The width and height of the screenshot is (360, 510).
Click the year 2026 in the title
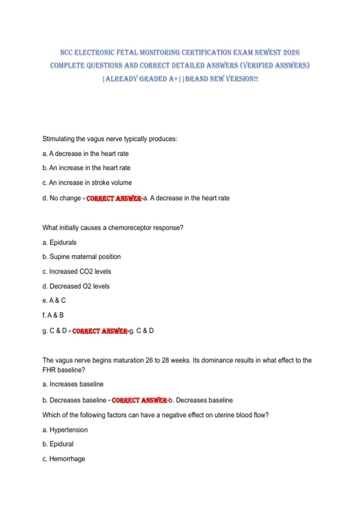tap(291, 52)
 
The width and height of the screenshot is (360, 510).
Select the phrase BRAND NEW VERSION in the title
tap(221, 79)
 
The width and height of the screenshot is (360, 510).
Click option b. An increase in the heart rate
tap(86, 168)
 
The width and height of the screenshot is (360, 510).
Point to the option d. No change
tap(61, 198)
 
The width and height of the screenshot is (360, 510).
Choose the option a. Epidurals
tap(59, 242)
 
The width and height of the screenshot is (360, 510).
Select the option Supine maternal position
tap(82, 257)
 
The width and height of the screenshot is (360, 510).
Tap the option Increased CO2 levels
tap(77, 271)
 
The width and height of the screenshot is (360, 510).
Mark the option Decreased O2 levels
tap(76, 286)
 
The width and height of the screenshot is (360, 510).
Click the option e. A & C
tap(54, 301)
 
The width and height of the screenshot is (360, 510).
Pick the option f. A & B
tap(53, 315)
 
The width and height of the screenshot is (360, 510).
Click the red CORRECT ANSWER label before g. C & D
tap(100, 331)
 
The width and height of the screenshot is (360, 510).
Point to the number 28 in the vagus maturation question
tap(166, 360)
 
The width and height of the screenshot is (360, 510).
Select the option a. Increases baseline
tap(73, 384)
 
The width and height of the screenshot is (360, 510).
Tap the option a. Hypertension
tap(65, 430)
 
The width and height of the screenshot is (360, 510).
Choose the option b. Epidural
tap(58, 444)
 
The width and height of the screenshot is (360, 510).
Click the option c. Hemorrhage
tap(64, 459)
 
